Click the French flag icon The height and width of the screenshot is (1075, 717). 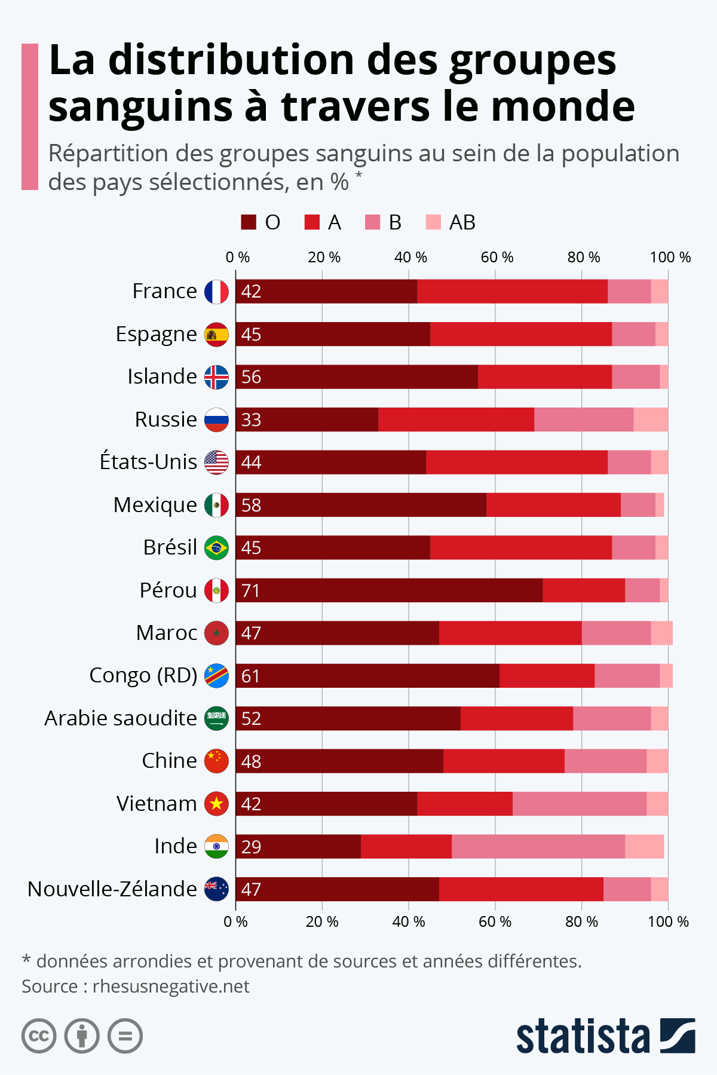pyautogui.click(x=216, y=292)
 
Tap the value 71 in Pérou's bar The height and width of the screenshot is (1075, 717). pyautogui.click(x=251, y=590)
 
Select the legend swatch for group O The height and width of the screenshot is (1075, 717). pyautogui.click(x=249, y=222)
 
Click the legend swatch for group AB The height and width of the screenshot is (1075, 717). pyautogui.click(x=433, y=222)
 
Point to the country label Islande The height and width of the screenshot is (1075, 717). pyautogui.click(x=162, y=377)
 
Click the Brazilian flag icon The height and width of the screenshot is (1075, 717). pyautogui.click(x=216, y=548)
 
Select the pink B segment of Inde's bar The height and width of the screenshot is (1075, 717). pyautogui.click(x=538, y=846)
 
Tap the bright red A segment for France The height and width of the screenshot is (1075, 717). pyautogui.click(x=512, y=292)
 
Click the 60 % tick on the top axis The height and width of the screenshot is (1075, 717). pyautogui.click(x=497, y=258)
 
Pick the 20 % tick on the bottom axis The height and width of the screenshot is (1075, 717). pyautogui.click(x=322, y=921)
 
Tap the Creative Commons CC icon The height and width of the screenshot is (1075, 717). pyautogui.click(x=39, y=1036)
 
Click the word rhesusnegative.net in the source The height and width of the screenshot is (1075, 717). pyautogui.click(x=171, y=987)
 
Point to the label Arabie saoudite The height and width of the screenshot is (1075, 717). pyautogui.click(x=121, y=718)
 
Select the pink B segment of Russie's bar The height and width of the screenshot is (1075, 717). pyautogui.click(x=584, y=419)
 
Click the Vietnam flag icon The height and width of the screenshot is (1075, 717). pyautogui.click(x=216, y=804)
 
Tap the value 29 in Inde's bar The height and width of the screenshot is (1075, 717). pyautogui.click(x=251, y=847)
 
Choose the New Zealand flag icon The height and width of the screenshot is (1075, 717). pyautogui.click(x=216, y=889)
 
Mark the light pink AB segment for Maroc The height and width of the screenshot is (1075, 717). pyautogui.click(x=661, y=633)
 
